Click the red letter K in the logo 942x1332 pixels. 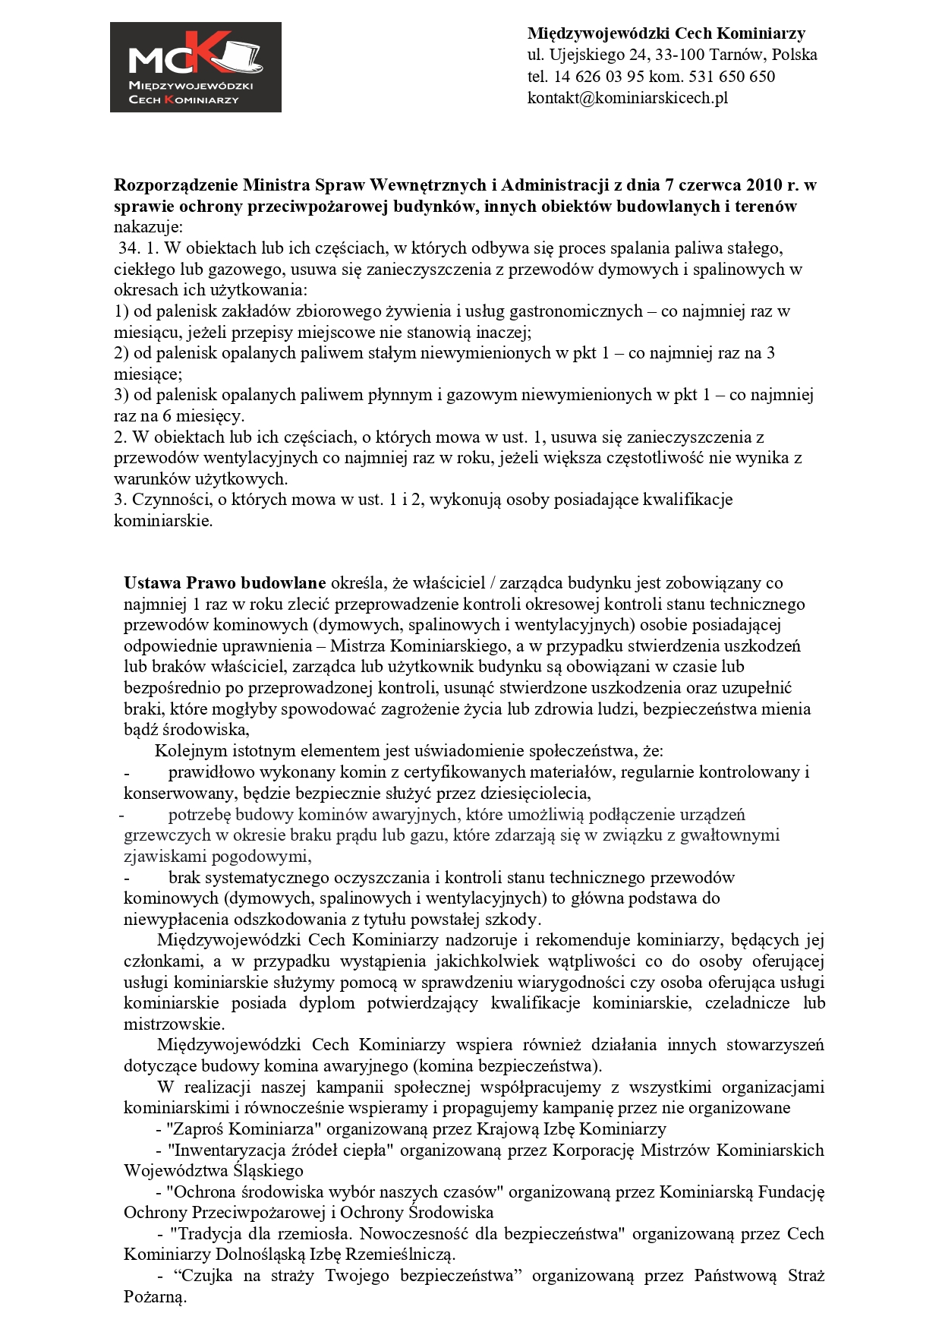pos(203,53)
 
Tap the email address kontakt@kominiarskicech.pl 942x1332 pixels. pos(627,98)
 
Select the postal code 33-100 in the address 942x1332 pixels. pos(681,55)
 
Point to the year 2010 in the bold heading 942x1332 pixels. pos(763,185)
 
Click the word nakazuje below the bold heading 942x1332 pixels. pos(149,227)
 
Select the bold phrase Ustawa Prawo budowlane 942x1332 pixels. pos(225,583)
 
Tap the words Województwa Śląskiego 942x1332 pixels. pos(213,1171)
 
